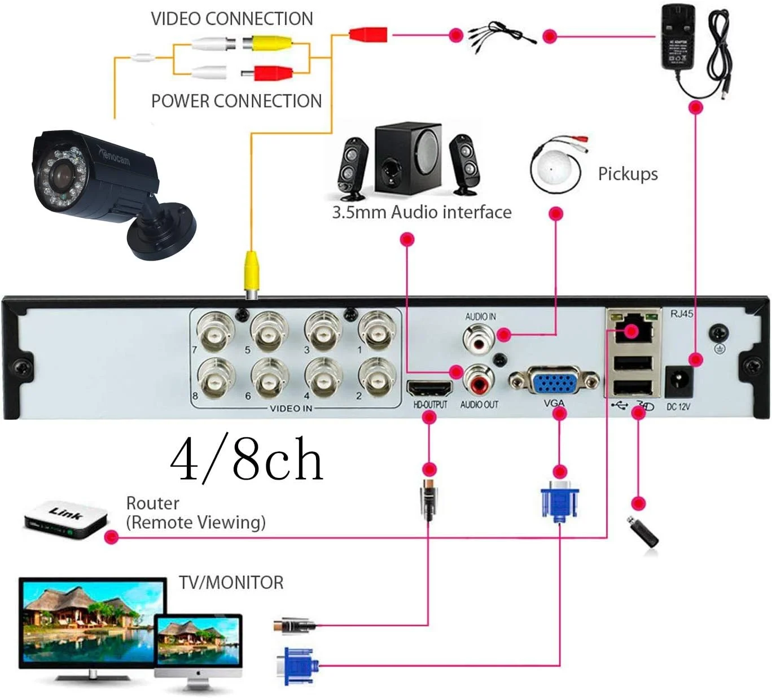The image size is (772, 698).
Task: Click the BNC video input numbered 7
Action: (214, 331)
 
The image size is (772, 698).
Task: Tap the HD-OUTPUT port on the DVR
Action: (429, 388)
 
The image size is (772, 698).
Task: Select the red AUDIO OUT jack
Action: (479, 380)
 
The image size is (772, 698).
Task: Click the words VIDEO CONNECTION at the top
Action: (231, 19)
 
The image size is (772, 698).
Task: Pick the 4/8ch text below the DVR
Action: (247, 459)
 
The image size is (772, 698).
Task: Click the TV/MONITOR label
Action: (231, 582)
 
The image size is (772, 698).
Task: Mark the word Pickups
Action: (628, 174)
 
